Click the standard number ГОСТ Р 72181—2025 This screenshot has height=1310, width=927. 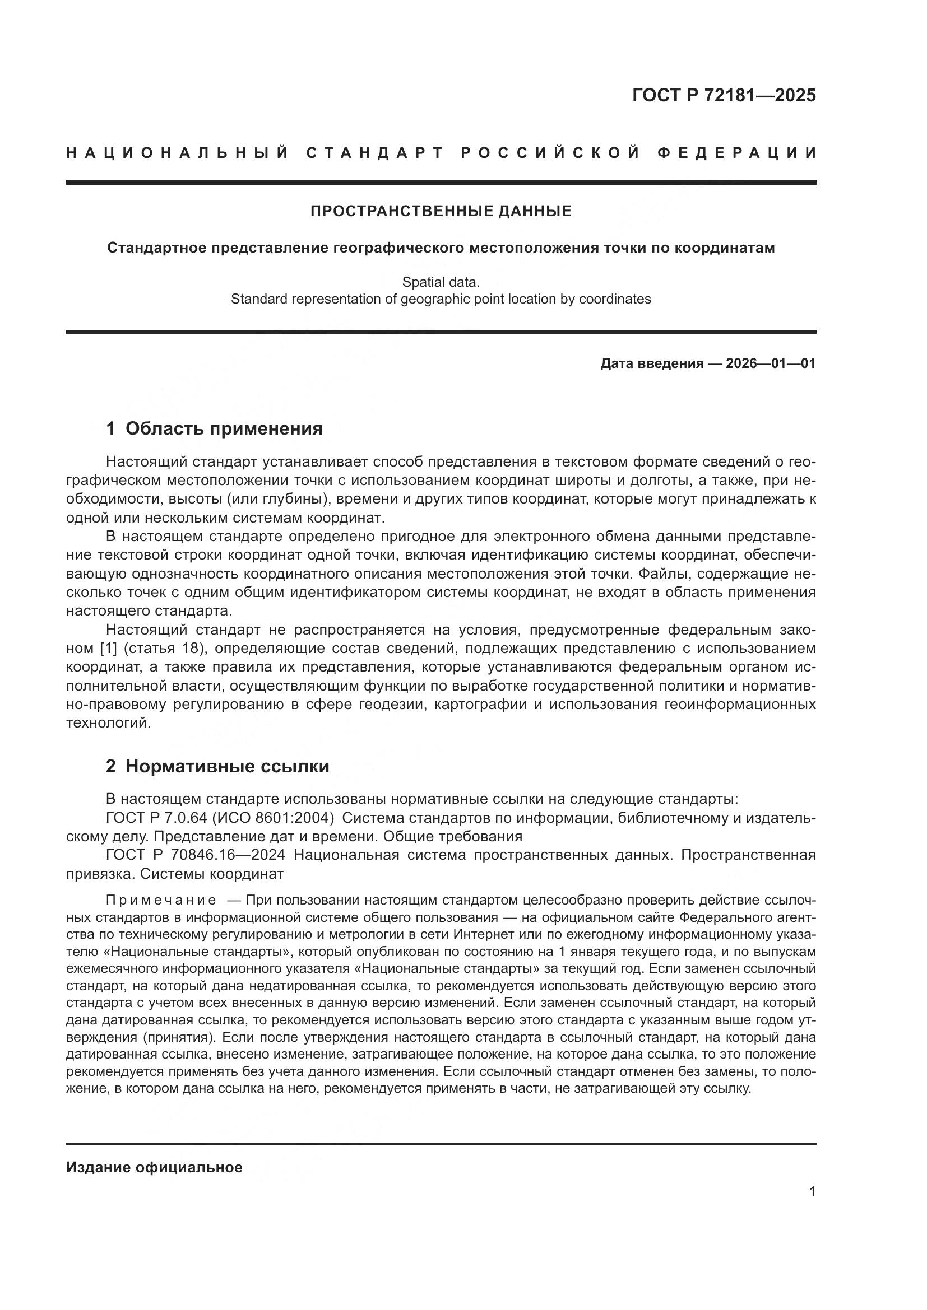724,95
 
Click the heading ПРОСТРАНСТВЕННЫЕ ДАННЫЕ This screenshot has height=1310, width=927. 441,212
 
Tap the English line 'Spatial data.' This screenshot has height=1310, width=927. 441,282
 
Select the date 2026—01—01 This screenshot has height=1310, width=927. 771,363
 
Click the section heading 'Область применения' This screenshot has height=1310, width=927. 224,428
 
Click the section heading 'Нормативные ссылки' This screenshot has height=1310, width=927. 227,766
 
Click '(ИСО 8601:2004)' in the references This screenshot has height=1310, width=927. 272,818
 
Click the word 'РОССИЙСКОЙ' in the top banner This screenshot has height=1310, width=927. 550,153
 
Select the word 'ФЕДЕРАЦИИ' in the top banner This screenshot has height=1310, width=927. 737,153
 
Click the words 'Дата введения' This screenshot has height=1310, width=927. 651,363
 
